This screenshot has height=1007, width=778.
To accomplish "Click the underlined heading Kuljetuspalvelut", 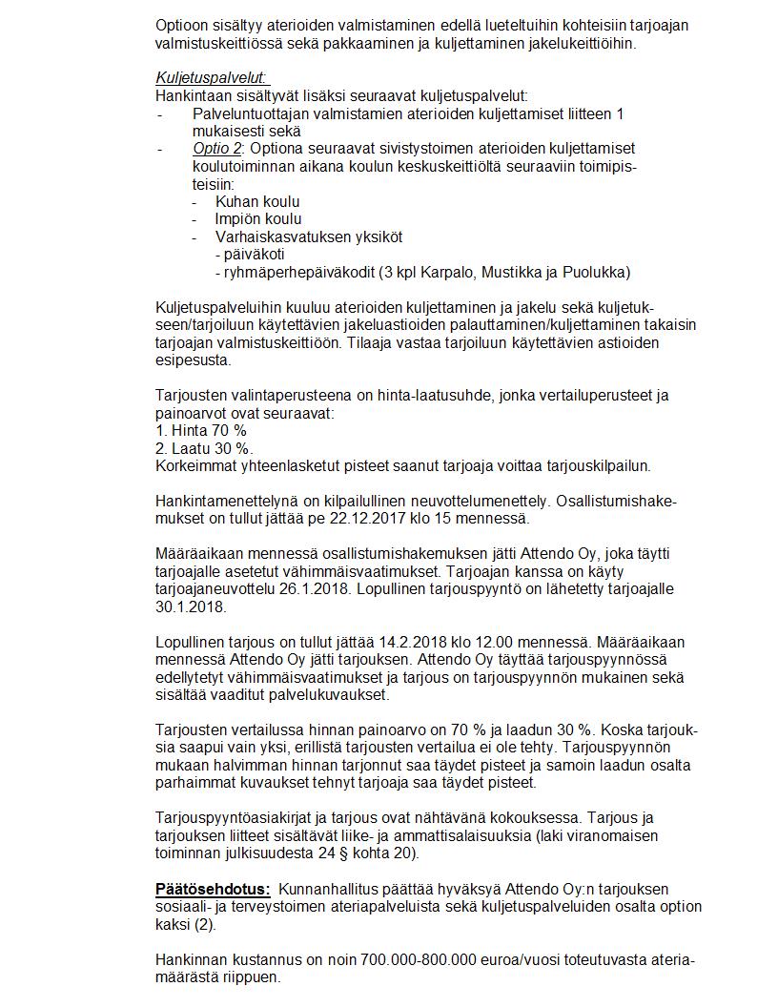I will (211, 78).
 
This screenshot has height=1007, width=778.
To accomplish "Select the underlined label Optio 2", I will (216, 149).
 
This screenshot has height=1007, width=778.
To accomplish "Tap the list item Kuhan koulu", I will (257, 202).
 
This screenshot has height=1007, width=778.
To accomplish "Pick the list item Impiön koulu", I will (258, 219).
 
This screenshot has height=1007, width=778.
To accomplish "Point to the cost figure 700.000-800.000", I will (419, 960).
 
